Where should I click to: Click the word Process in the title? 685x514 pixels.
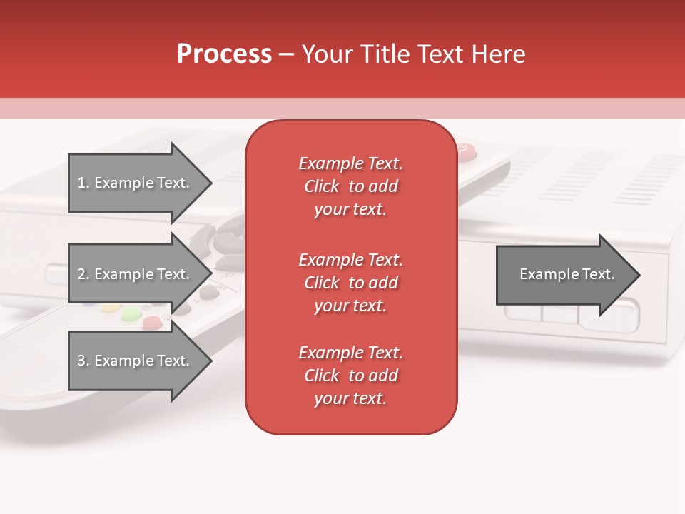click(224, 54)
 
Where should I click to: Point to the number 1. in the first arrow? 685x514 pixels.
click(83, 183)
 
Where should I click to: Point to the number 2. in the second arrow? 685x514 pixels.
click(83, 274)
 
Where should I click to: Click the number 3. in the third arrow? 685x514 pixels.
click(83, 361)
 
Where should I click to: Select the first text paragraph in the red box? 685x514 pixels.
click(350, 186)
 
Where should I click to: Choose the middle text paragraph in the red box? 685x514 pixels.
click(350, 283)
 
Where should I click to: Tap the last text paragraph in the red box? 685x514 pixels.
click(350, 376)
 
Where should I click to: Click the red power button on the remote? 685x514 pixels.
click(465, 149)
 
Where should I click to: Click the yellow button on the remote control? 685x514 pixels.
click(109, 309)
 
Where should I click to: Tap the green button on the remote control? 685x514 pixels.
click(131, 313)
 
